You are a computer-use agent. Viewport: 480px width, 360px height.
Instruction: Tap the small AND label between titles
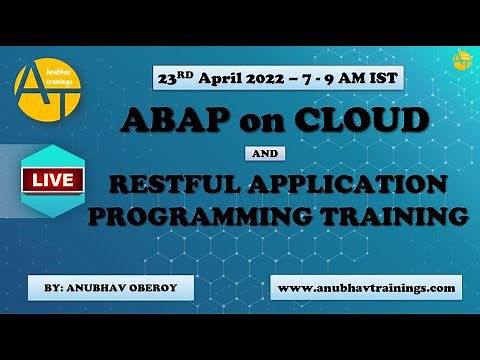click(x=265, y=154)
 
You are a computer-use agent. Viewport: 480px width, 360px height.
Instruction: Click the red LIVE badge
click(x=49, y=183)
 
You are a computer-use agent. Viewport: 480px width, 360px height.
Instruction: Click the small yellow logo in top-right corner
click(x=461, y=60)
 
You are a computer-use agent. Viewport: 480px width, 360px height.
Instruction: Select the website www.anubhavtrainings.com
click(x=366, y=288)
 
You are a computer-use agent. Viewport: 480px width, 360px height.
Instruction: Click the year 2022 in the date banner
click(x=255, y=76)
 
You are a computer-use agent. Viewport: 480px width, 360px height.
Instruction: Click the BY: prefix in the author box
click(x=57, y=288)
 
